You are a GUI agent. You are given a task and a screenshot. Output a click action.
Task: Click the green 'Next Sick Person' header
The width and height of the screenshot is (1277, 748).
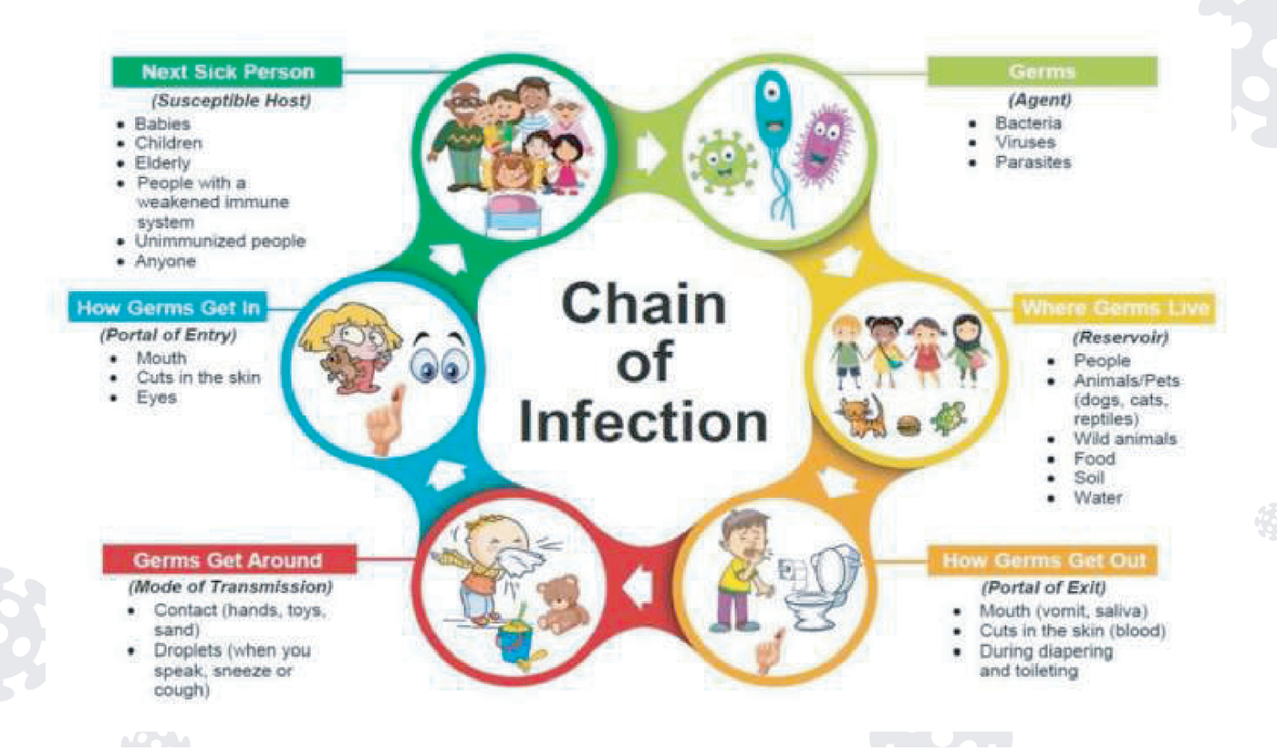click(227, 72)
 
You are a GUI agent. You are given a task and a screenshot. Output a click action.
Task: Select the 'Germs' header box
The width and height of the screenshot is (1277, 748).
click(1042, 71)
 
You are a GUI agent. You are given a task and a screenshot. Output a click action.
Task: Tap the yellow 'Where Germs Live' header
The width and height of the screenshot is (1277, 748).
click(1115, 308)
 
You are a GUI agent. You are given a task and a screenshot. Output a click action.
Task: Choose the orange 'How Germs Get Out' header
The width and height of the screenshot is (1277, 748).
click(1043, 560)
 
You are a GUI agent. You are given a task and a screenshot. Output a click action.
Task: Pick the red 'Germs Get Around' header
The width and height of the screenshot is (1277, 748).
click(227, 559)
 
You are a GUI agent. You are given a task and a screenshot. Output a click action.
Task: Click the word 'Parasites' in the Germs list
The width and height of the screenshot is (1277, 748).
click(1033, 162)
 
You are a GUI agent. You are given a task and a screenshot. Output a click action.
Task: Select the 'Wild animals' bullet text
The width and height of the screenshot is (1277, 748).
click(1125, 439)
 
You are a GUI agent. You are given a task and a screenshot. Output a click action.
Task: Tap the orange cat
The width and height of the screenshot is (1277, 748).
click(862, 416)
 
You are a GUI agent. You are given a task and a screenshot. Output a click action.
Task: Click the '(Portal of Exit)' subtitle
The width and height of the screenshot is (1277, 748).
click(1043, 587)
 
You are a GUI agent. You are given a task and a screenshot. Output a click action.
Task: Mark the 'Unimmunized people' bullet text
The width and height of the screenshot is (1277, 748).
click(220, 242)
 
